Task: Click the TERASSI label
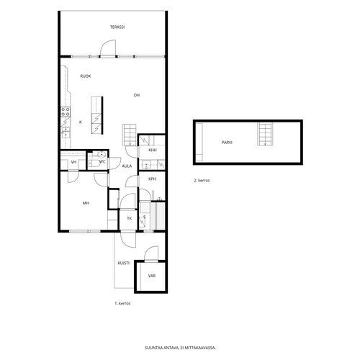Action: click(x=117, y=27)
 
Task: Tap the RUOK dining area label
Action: click(x=86, y=76)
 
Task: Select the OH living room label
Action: click(x=137, y=95)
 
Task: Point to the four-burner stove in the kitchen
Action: click(x=66, y=112)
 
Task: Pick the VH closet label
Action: click(x=73, y=162)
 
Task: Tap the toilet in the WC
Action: click(x=94, y=163)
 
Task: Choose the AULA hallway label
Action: click(x=127, y=166)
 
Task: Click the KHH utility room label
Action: click(x=153, y=150)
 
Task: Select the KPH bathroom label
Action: click(x=152, y=179)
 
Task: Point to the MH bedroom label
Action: click(x=86, y=203)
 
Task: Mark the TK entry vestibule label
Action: click(x=130, y=218)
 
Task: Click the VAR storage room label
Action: click(x=152, y=276)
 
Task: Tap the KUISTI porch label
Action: click(x=124, y=263)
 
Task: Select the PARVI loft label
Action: click(x=227, y=143)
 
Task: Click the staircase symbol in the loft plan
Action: click(x=265, y=134)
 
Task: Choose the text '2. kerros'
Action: click(x=202, y=181)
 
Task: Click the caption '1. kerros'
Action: click(x=122, y=304)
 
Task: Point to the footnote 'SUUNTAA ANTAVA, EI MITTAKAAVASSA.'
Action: click(x=180, y=348)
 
